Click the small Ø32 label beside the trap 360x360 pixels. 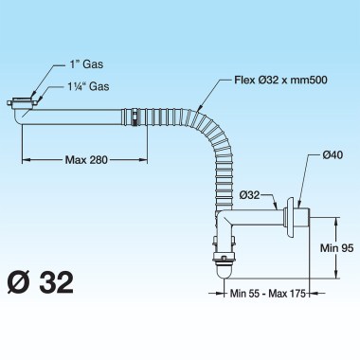coord(250,194)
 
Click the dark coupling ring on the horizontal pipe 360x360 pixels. coord(136,118)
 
